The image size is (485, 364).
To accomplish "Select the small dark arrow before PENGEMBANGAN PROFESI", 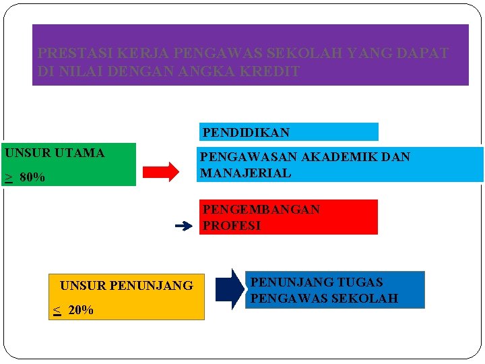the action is [183, 226].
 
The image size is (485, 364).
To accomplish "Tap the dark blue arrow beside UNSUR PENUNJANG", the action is [230, 289].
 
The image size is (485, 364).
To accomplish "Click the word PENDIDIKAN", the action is [246, 133].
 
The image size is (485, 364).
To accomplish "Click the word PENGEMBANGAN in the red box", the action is [261, 210].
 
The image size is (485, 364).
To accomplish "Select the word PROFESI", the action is [232, 226].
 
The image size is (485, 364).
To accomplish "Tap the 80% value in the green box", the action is [32, 178].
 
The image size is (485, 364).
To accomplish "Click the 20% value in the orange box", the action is [81, 310].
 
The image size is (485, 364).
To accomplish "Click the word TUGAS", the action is [360, 282].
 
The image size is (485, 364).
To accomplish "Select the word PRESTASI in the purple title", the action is [71, 53].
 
